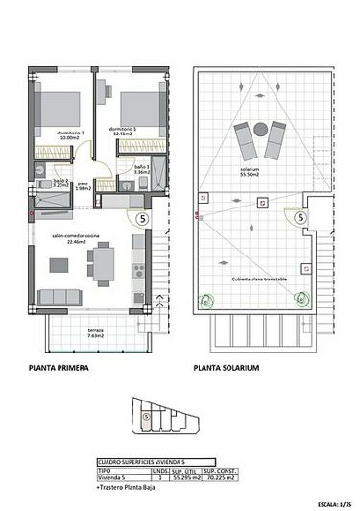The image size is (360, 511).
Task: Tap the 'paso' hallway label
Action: tap(84, 185)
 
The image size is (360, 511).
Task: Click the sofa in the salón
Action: tap(57, 297)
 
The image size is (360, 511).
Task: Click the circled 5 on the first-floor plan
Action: tap(143, 219)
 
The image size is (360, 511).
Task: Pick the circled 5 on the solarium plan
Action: tap(302, 218)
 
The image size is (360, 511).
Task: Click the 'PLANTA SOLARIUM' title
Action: tap(227, 367)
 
